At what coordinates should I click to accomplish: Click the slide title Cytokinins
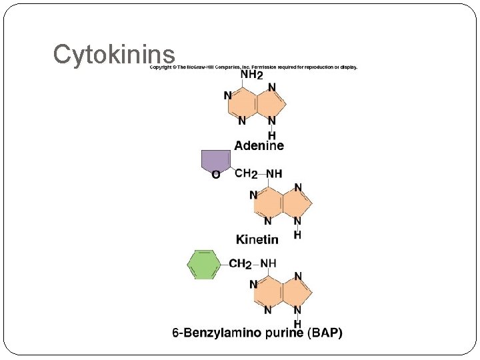pos(114,55)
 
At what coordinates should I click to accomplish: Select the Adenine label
pos(259,145)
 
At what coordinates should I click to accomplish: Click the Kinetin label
pos(257,239)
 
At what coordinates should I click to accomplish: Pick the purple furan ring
pos(215,160)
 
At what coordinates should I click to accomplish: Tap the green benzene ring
pos(203,265)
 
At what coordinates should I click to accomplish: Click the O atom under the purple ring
pos(215,175)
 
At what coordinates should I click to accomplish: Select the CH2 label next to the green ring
pos(239,264)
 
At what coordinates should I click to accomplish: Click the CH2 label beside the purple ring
pos(246,174)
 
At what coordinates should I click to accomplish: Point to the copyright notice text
pos(253,67)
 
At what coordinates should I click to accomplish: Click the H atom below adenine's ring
pos(272,135)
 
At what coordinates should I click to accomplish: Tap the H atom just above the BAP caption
pos(297,323)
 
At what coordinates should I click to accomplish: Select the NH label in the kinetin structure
pos(274,174)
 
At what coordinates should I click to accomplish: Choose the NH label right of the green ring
pos(267,263)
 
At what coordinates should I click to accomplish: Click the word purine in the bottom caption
pos(286,333)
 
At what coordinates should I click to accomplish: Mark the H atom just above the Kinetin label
pos(297,235)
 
